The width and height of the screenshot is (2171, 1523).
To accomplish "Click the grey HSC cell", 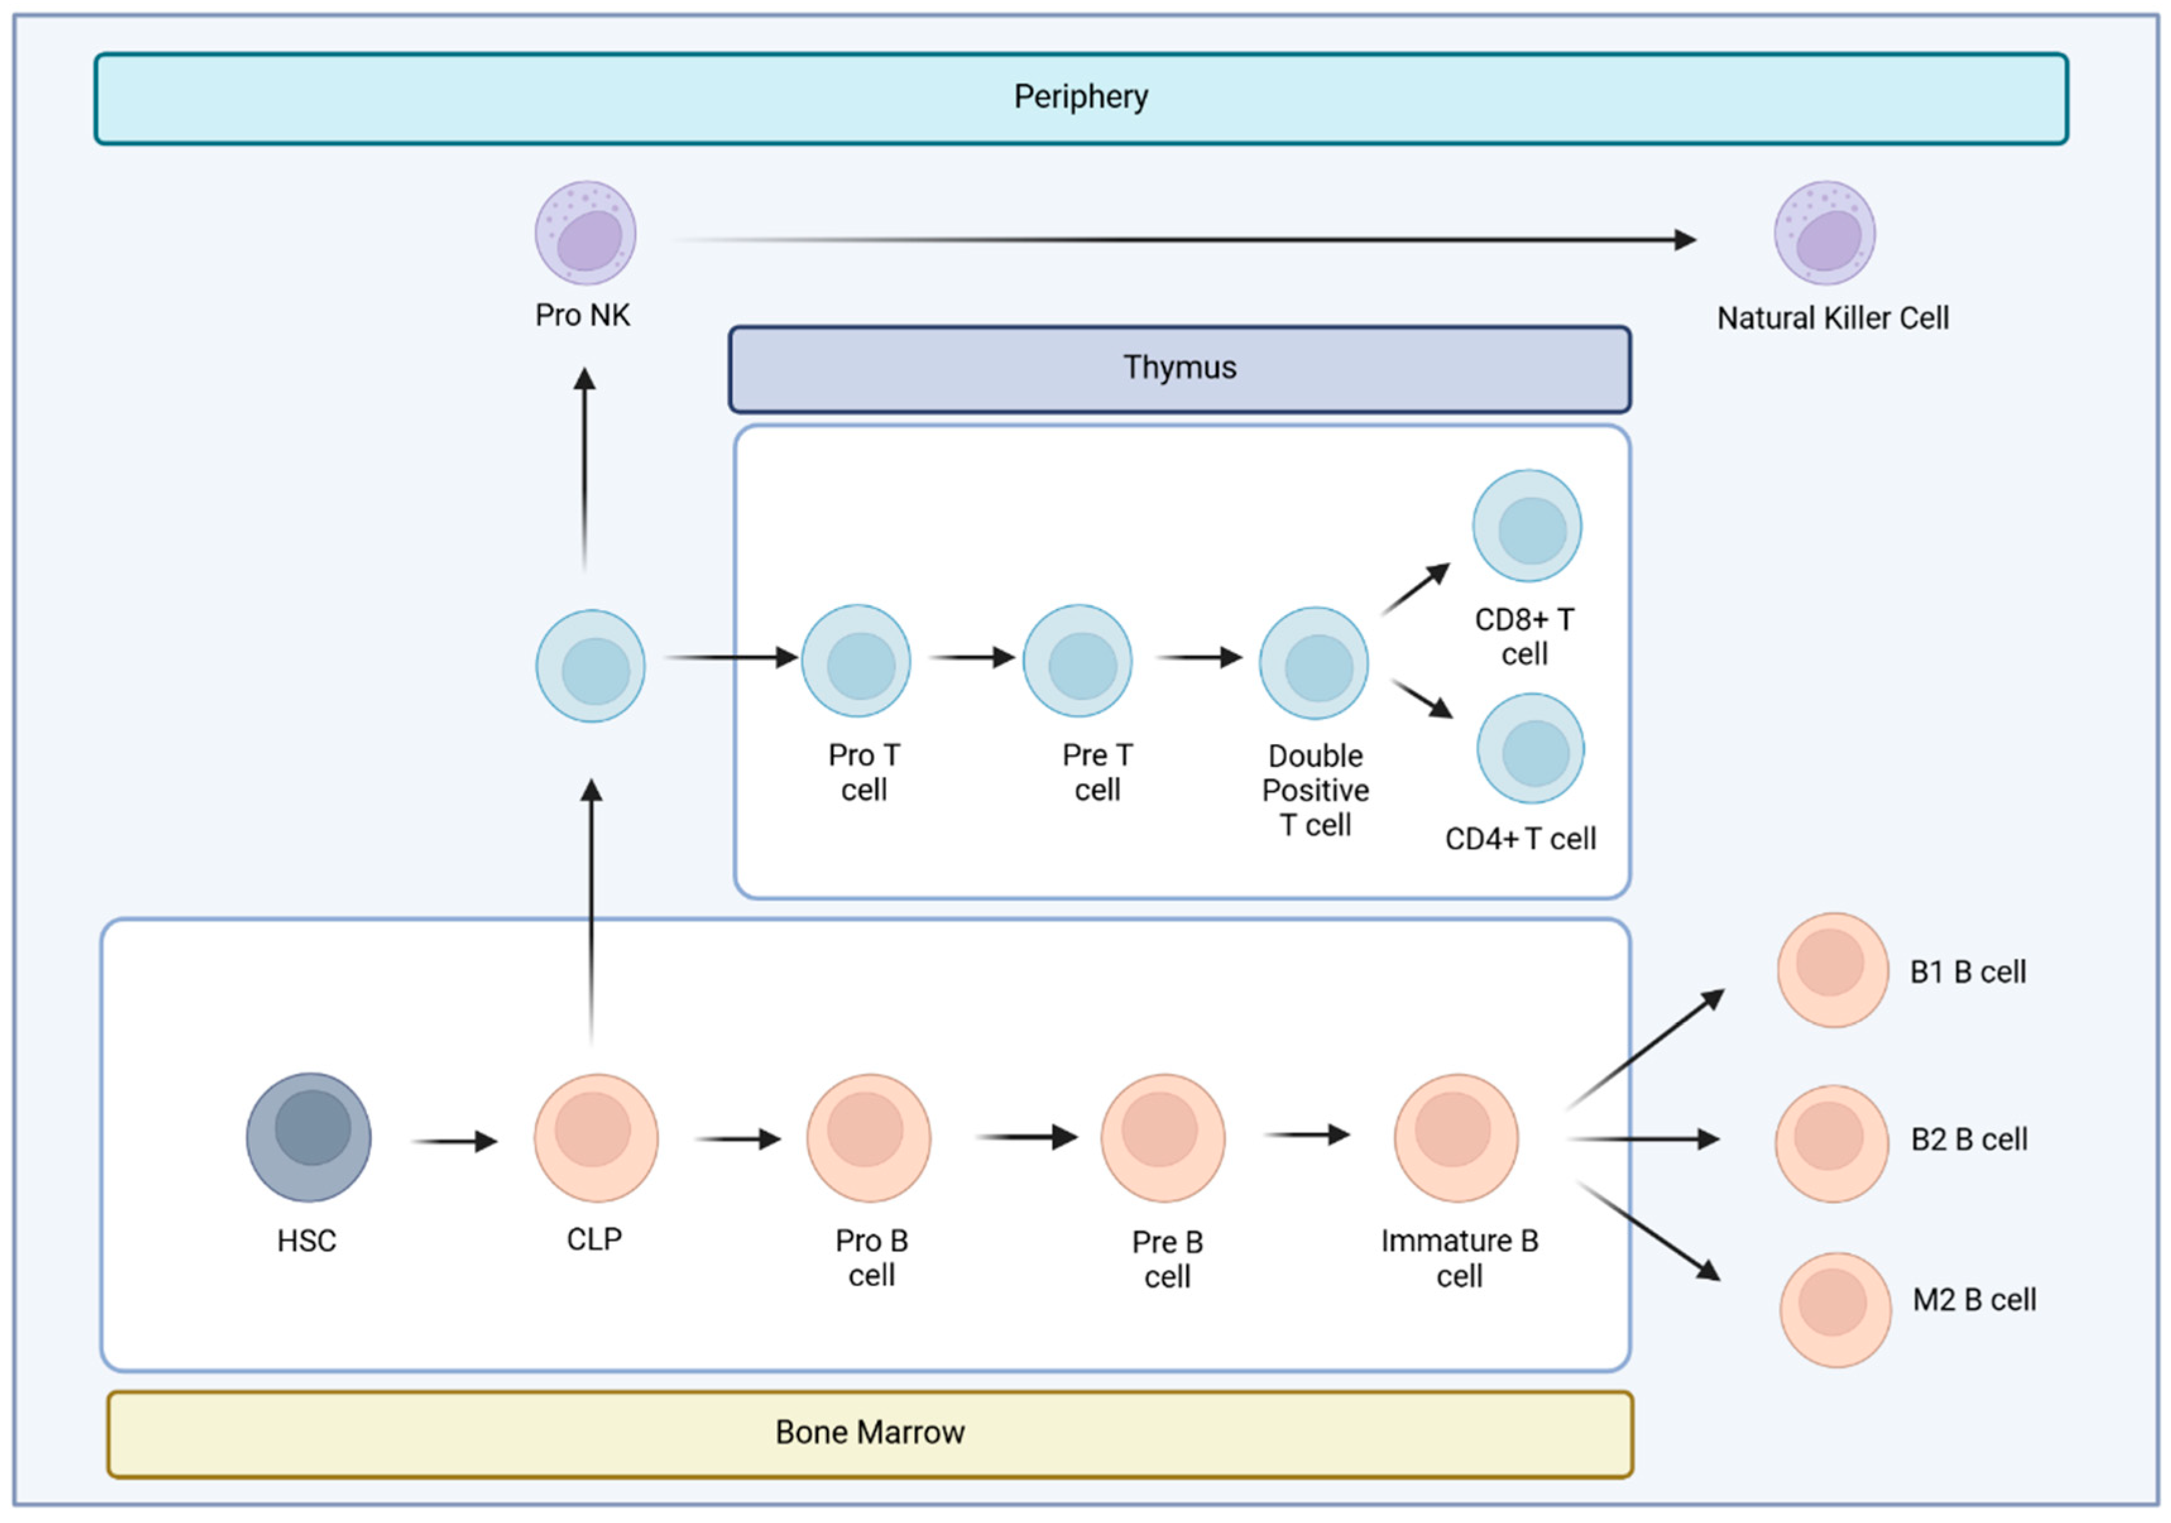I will [x=308, y=1136].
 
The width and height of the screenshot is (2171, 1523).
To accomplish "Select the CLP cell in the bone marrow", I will [x=596, y=1137].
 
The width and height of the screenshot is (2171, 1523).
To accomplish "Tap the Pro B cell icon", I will [x=868, y=1137].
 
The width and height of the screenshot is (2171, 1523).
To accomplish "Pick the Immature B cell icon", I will [x=1456, y=1137].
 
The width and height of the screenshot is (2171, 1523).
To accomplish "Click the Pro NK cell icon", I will [x=586, y=232].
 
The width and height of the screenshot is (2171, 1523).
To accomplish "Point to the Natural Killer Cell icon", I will [x=1824, y=232].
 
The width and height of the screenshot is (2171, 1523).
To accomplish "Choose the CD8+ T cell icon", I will [x=1526, y=526].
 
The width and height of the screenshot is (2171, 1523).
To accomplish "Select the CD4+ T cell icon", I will [x=1530, y=749].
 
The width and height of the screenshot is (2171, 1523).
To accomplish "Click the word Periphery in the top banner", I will [x=1081, y=97].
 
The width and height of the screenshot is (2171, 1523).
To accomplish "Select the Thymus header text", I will [x=1179, y=367].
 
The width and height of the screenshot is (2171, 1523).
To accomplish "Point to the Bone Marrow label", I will [x=869, y=1432].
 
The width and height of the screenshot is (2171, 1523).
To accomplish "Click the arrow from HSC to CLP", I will [x=455, y=1141].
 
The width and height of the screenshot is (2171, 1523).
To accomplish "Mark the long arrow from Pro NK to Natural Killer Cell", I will [x=1182, y=240].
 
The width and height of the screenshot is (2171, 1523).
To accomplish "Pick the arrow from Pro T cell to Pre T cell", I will [x=972, y=657].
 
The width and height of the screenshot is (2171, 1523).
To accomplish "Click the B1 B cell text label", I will [x=1967, y=972].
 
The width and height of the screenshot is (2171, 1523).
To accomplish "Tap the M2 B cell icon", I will [x=1834, y=1309].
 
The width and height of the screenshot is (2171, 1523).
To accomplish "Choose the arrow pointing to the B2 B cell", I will [x=1644, y=1139].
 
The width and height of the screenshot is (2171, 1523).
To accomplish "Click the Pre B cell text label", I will [x=1167, y=1258].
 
